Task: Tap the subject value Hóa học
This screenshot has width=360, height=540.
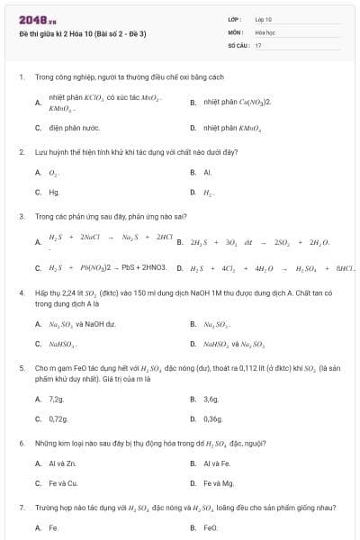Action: point(265,31)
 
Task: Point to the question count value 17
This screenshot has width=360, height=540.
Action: point(258,44)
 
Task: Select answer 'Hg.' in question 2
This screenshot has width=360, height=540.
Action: point(54,192)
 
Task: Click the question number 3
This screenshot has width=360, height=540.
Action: point(21,216)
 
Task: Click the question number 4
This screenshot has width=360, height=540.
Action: point(21,292)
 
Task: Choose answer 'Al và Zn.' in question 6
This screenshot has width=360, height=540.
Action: point(62,463)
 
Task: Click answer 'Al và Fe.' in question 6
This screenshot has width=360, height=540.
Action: point(217,463)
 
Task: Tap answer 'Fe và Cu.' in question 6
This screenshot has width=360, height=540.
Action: point(63,483)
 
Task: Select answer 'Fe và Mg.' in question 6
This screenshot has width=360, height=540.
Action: point(218,483)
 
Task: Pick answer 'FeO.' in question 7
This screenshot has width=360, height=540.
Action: point(211,528)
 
